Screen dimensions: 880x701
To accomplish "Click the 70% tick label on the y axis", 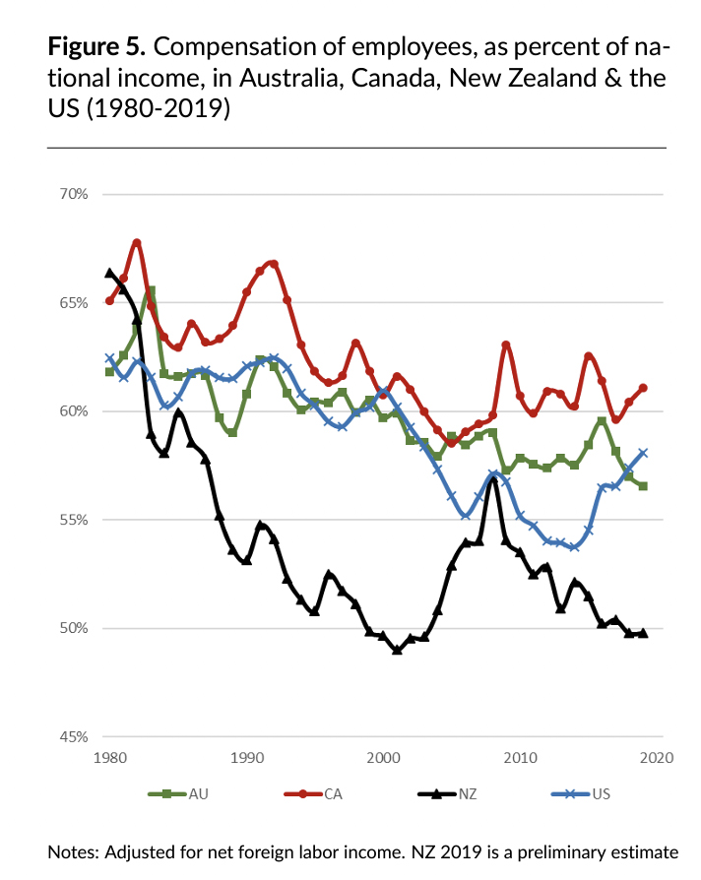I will click(75, 194).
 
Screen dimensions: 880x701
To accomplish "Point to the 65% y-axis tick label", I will click(75, 302).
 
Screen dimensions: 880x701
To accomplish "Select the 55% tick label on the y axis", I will click(75, 520).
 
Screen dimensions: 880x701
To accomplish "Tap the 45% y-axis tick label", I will click(75, 736).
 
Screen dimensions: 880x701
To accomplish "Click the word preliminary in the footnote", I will click(564, 851).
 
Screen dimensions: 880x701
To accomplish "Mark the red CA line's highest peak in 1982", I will click(137, 242).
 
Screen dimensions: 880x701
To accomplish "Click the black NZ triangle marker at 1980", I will click(109, 273).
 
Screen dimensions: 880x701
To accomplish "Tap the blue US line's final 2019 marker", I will click(643, 453).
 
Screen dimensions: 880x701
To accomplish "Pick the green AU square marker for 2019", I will click(643, 486).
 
